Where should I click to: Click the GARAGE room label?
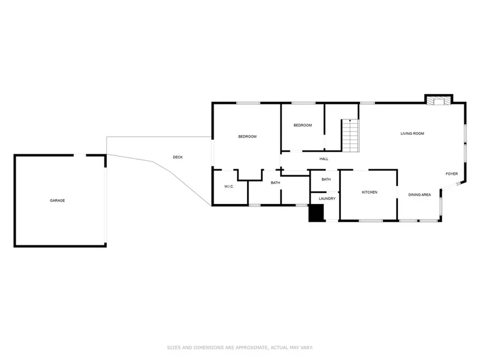click(57, 200)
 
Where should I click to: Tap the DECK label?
click(178, 157)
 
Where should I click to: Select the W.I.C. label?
click(229, 187)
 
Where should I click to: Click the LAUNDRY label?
click(327, 199)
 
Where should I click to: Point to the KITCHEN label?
click(370, 192)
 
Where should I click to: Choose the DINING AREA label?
click(419, 194)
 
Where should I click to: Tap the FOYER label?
click(452, 174)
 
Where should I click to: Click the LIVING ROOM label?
click(412, 133)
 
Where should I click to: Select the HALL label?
click(324, 159)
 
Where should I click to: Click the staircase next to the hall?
click(350, 136)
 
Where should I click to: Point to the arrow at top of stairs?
click(350, 121)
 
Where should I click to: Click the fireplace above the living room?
click(439, 101)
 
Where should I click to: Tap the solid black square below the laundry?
click(316, 213)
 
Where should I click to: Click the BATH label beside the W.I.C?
click(275, 183)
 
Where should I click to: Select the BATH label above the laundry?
click(326, 179)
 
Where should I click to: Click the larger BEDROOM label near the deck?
click(247, 137)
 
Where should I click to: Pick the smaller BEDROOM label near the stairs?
click(302, 125)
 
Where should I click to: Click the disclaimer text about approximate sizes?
click(240, 347)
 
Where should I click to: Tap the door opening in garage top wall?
click(80, 155)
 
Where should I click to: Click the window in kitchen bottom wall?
click(371, 220)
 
